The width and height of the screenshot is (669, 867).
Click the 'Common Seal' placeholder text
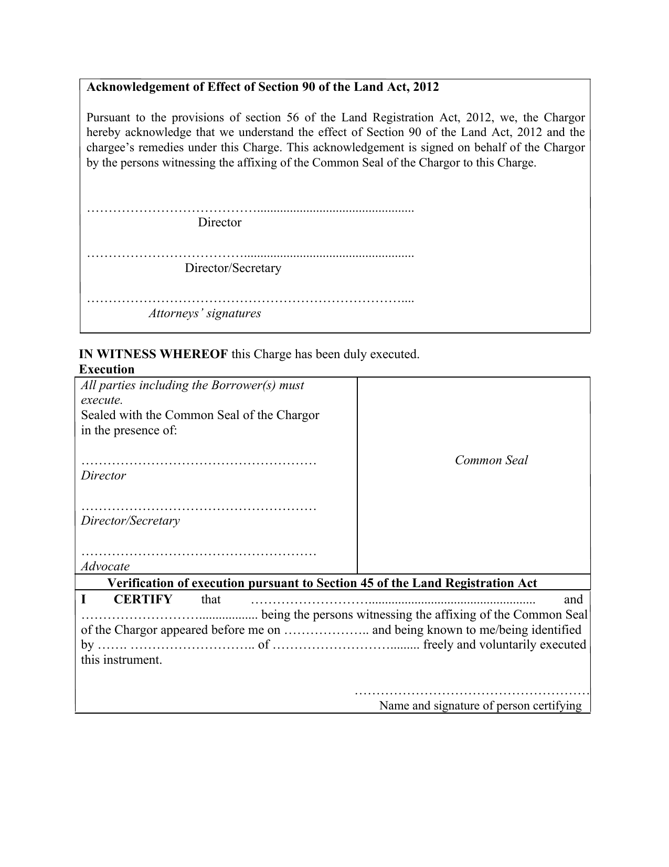(x=491, y=461)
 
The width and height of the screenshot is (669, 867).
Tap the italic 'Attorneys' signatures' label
(x=205, y=314)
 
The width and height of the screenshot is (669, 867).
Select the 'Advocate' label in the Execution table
(x=105, y=567)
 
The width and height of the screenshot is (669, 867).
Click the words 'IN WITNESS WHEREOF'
(x=153, y=354)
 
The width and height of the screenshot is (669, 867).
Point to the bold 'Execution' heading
(x=107, y=370)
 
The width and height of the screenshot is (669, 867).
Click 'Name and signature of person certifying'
(x=480, y=706)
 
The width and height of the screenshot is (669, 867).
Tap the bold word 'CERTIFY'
(x=143, y=600)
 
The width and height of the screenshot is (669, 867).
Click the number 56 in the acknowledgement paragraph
(x=292, y=118)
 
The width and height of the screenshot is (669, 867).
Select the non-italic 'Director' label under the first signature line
(x=219, y=223)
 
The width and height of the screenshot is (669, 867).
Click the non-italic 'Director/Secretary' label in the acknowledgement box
(x=233, y=268)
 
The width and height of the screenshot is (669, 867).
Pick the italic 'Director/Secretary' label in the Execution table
(x=130, y=521)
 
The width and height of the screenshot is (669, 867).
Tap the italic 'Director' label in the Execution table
(x=103, y=476)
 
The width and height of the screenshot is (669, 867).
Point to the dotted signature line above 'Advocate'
(x=199, y=553)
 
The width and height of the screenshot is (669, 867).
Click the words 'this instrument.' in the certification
(x=121, y=660)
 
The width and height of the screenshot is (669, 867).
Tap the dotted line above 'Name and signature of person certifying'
(x=472, y=694)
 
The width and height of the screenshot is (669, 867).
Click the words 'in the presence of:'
(x=129, y=431)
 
